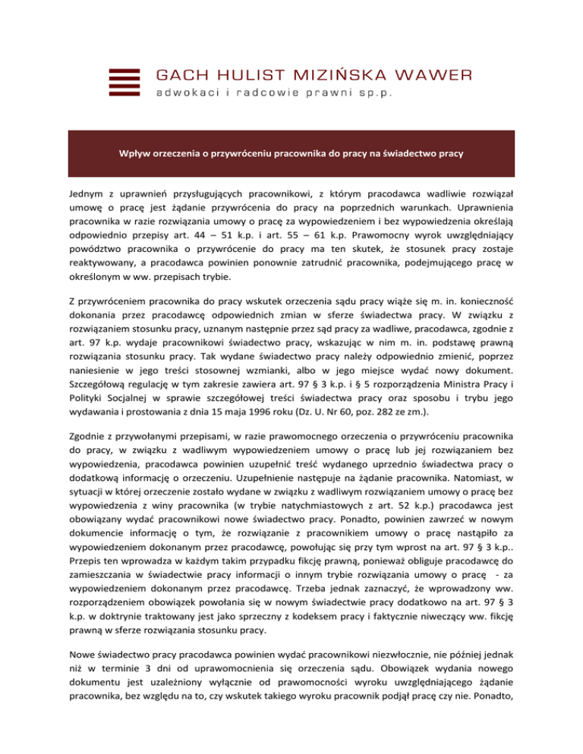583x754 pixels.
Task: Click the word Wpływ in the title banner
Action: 134,153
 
